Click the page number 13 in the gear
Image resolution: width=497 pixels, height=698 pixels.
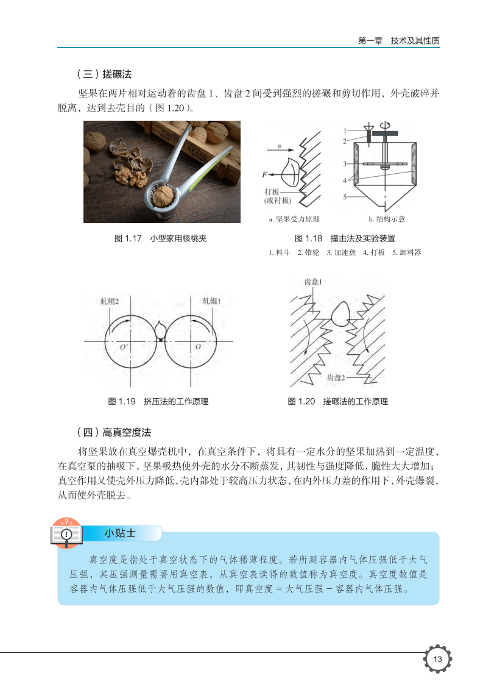(x=437, y=659)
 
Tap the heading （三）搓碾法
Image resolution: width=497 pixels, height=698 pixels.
(x=104, y=74)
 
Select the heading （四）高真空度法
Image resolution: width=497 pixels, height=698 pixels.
(x=114, y=432)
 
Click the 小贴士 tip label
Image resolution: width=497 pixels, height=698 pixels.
(x=120, y=533)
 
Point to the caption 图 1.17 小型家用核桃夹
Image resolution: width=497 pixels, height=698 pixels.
(x=161, y=238)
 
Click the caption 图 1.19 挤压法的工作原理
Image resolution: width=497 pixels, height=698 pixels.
(x=158, y=402)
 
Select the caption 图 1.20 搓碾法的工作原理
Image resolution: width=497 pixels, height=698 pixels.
(x=337, y=402)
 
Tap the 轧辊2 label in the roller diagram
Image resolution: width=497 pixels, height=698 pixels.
(x=110, y=301)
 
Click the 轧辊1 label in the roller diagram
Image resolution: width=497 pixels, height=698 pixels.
(x=212, y=301)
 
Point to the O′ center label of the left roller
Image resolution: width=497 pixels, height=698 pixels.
(x=124, y=347)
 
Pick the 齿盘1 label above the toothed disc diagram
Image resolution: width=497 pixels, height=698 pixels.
(x=313, y=282)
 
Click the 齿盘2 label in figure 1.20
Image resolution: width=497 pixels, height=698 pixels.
(x=336, y=378)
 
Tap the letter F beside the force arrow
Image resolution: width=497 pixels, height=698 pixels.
(x=265, y=174)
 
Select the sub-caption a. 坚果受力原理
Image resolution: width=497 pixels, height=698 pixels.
(x=294, y=219)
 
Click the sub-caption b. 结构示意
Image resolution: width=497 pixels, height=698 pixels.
(x=387, y=219)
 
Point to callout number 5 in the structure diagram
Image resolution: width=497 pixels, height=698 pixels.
(x=344, y=196)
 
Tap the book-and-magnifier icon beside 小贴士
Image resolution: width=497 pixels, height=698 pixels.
(x=66, y=533)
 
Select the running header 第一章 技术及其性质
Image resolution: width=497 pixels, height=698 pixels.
(x=399, y=40)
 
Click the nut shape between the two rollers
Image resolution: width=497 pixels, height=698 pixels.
(x=161, y=331)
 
